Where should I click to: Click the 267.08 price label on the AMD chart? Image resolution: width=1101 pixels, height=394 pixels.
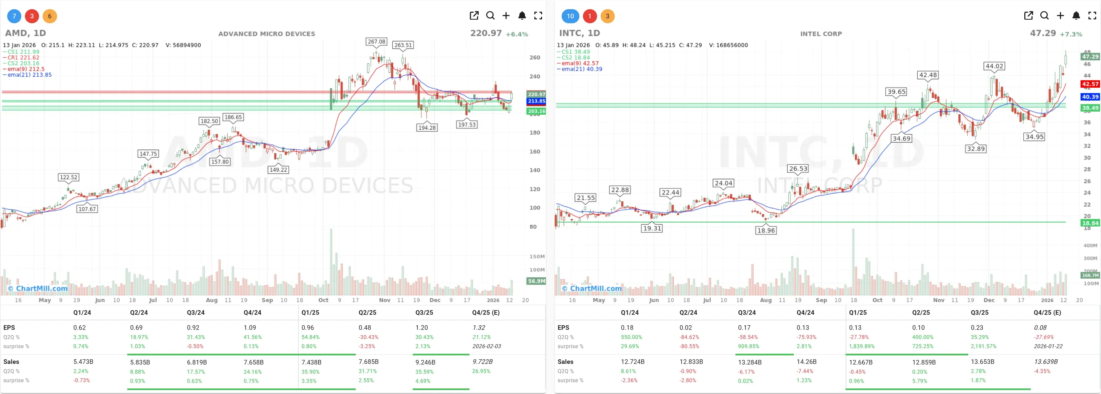point(376,41)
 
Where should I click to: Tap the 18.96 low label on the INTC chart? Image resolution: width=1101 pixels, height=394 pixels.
point(766,231)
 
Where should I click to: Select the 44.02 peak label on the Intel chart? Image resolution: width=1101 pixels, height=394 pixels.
point(994,66)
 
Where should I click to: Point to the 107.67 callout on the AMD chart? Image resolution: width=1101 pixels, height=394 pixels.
point(87,209)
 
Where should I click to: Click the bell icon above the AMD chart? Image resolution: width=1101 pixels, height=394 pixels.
point(522,16)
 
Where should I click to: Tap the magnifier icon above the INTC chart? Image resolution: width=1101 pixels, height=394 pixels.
point(1044,16)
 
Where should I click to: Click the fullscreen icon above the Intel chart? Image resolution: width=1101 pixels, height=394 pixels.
point(1092,16)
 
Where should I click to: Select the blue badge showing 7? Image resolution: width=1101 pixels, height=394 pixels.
point(14,16)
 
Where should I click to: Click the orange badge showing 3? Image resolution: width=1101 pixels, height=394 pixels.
point(607,16)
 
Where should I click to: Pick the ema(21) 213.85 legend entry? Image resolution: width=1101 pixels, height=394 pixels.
point(29,75)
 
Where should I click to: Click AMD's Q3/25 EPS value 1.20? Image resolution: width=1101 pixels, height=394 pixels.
point(421,328)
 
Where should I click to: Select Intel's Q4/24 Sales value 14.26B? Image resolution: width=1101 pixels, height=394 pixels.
point(806,362)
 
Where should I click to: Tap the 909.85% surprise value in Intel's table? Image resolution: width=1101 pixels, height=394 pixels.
point(749,346)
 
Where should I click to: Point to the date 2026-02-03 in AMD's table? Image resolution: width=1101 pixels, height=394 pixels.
point(486,346)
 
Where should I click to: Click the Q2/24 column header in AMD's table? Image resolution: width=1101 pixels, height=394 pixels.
point(138,312)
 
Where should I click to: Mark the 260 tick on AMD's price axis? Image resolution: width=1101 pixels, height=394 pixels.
point(535,58)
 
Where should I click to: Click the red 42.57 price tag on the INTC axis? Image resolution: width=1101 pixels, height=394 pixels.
point(1090,84)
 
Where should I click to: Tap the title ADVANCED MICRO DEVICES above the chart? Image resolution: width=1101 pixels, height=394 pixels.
point(267,34)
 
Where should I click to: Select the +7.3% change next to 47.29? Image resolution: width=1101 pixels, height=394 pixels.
point(1071,34)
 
